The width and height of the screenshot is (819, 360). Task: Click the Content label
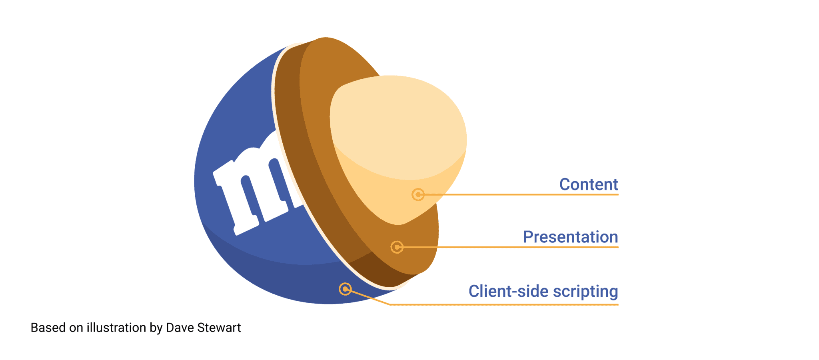point(589,184)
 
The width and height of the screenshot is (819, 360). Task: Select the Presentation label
point(571,237)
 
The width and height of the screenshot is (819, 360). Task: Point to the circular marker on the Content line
point(418,195)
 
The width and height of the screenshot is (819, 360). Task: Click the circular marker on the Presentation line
point(397,247)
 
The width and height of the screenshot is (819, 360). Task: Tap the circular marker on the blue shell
point(345,289)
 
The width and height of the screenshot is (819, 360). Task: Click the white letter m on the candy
point(256,188)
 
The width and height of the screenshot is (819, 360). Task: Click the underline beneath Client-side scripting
point(504,304)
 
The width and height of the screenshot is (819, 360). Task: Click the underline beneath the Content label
point(521,195)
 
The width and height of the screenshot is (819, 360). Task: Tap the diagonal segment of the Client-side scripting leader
point(368,297)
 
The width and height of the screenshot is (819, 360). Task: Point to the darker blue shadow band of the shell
point(280,280)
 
